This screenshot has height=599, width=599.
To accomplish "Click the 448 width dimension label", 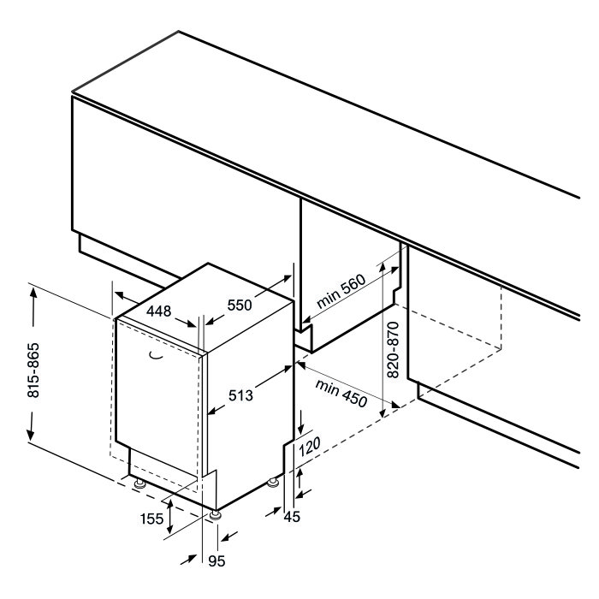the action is [x=159, y=311].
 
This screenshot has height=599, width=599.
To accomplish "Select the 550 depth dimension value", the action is [x=240, y=305].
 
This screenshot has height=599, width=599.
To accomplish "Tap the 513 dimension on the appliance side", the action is [x=240, y=395].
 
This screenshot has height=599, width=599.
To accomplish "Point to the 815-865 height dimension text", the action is [x=33, y=371].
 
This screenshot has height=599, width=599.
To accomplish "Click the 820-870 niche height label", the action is [x=393, y=350].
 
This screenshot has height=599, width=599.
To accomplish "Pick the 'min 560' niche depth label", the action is [x=341, y=291].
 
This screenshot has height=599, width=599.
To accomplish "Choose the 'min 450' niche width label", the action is [x=341, y=393].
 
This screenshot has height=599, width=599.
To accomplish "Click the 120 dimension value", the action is [x=309, y=447].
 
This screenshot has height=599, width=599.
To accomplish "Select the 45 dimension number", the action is [x=293, y=517].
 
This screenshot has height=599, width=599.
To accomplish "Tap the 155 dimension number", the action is [x=151, y=519].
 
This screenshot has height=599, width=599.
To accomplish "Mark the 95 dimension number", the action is [x=216, y=560].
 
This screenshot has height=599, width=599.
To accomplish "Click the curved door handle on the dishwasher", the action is [x=156, y=355].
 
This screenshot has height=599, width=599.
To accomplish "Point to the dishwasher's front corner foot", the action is [x=216, y=514].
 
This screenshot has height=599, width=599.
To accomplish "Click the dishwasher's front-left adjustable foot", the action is [x=140, y=484].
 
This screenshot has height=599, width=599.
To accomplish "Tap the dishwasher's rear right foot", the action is [x=273, y=483].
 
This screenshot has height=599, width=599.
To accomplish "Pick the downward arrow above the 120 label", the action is [x=302, y=422].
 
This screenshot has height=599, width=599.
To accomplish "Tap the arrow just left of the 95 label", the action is [x=190, y=560].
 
